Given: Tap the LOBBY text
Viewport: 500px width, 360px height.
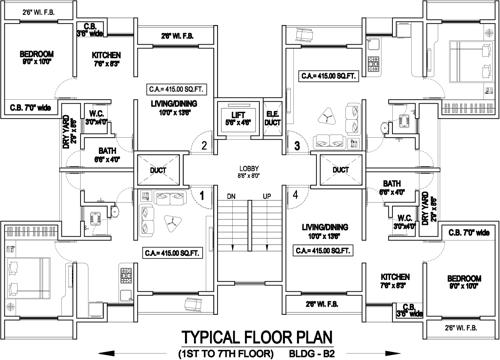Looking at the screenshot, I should tap(249, 168).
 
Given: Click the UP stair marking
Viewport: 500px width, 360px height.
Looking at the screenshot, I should tap(266, 196).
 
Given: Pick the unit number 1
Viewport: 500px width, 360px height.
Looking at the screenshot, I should tap(202, 195).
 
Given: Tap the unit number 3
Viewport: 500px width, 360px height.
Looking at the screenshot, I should tap(297, 146).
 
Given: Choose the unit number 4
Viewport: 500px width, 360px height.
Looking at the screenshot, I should tap(297, 195).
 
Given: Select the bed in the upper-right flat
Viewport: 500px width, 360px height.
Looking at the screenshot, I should tap(467, 48).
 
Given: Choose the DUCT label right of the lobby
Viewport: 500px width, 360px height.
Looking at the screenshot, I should tap(341, 169).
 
